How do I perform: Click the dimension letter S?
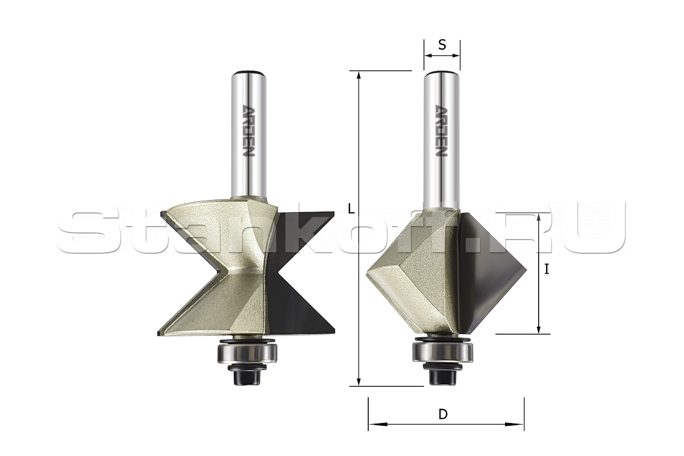pos(442,45)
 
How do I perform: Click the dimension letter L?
pos(352,209)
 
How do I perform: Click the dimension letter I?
pos(547,269)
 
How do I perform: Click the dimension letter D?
pos(443,414)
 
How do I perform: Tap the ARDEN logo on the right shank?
pos(441,131)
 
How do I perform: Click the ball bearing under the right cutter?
pos(443,351)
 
